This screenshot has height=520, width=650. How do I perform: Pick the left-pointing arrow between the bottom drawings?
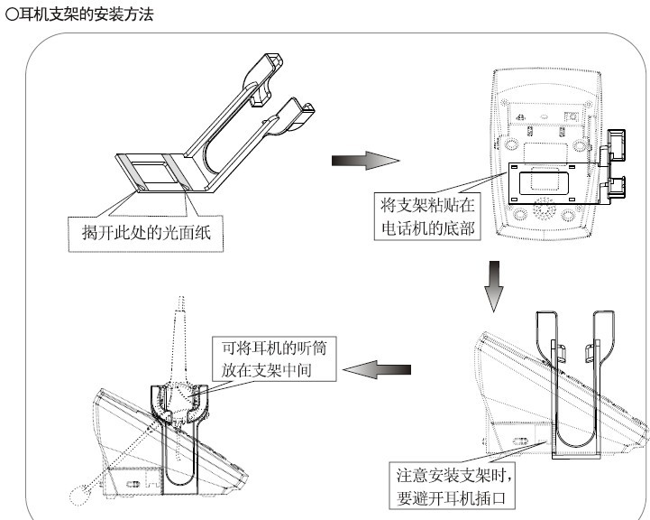point(379,368)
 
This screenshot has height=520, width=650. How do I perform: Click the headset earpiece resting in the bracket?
point(181,397)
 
